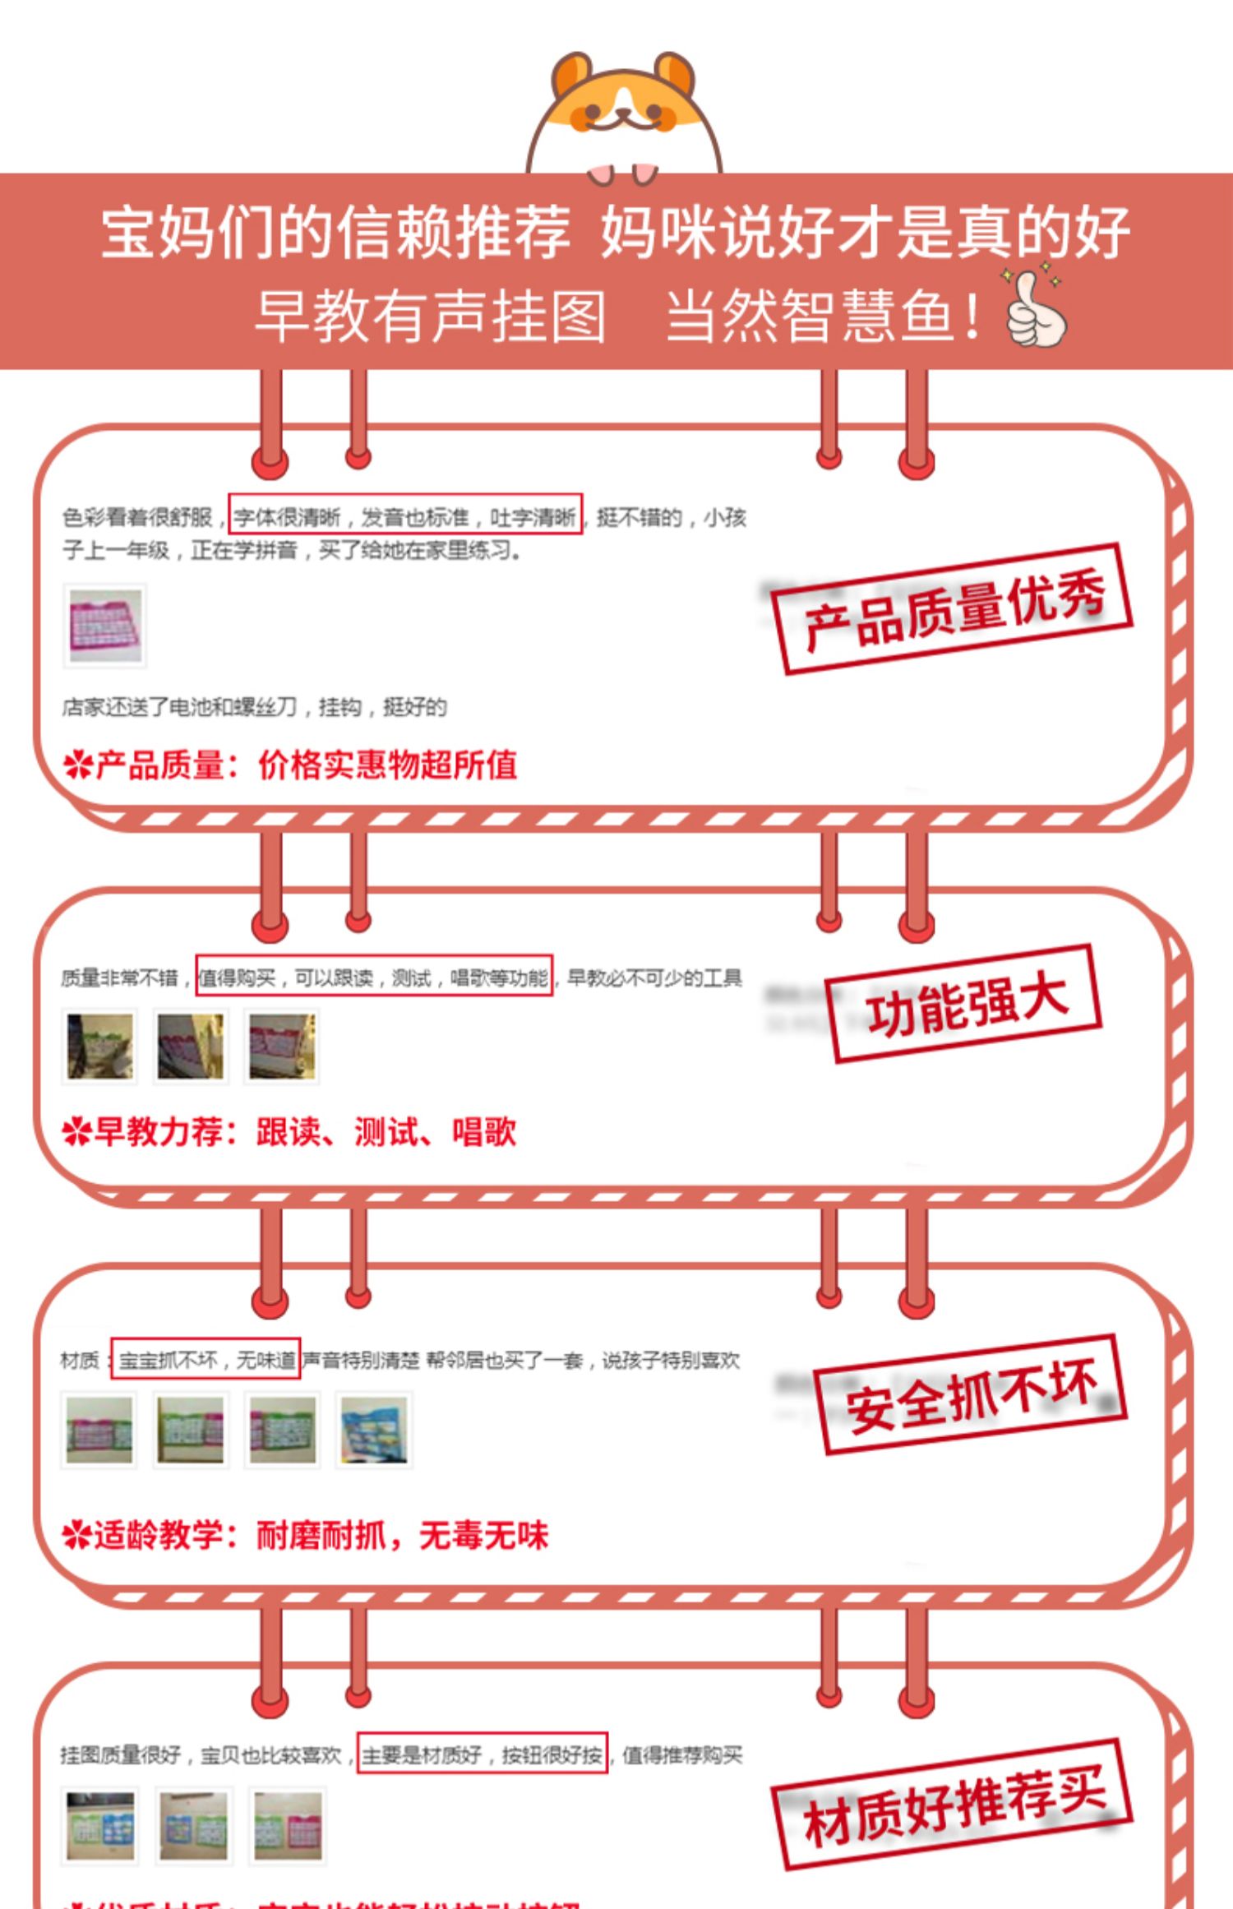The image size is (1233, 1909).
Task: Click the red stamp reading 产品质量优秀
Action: (x=952, y=609)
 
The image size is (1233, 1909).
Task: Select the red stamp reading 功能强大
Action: (x=964, y=1004)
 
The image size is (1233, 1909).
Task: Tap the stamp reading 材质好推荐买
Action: (x=953, y=1805)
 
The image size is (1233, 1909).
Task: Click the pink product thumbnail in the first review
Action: (x=105, y=625)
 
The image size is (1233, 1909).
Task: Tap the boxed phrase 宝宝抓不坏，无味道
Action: (x=205, y=1360)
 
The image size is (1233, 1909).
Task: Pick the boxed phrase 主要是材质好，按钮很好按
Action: (x=483, y=1754)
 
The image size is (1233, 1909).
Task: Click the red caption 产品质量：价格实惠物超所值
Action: (x=290, y=765)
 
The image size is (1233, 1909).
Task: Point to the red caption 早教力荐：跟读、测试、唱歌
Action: (x=289, y=1132)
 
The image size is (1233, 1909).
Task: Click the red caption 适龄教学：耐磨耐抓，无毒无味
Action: (x=305, y=1534)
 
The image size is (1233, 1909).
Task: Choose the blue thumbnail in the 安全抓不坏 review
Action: (x=374, y=1430)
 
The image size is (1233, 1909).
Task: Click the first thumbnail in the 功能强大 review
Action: (x=100, y=1046)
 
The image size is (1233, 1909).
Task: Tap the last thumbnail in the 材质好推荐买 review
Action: (x=288, y=1826)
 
